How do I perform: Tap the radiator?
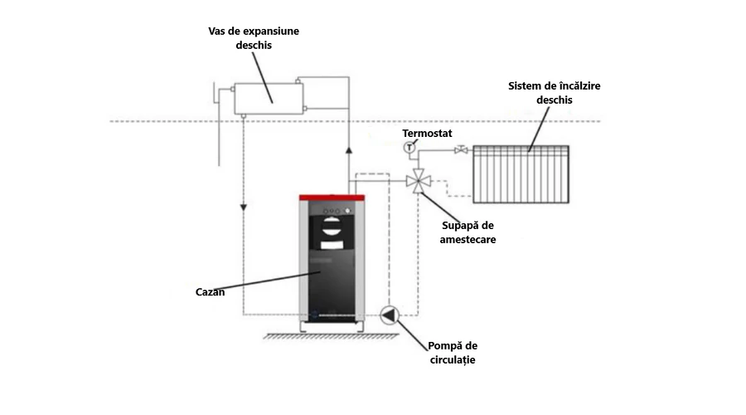[x=521, y=174]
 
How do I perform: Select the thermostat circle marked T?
[x=409, y=148]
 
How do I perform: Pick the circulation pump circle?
[x=389, y=315]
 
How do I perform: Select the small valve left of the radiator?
[x=460, y=150]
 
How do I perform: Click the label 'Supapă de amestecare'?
[x=468, y=232]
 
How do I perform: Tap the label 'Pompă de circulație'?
[x=453, y=353]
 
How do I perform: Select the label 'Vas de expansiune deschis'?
[x=253, y=38]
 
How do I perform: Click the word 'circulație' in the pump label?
[x=453, y=360]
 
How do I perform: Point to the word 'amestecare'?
[x=468, y=239]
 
